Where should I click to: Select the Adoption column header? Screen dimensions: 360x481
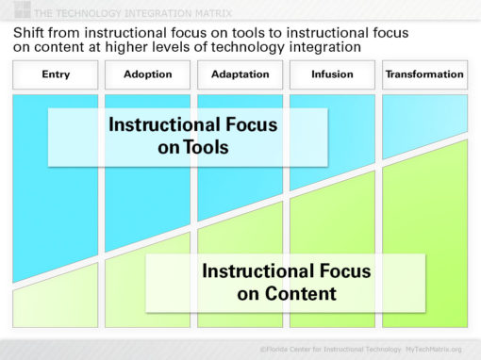146,74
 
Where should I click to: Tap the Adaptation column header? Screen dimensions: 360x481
239,74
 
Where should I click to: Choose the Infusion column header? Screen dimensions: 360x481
331,74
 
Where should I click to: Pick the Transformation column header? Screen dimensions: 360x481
425,74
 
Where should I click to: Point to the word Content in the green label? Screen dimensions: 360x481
299,293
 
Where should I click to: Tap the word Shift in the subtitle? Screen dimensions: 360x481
28,32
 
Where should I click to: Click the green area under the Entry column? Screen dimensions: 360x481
54,306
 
